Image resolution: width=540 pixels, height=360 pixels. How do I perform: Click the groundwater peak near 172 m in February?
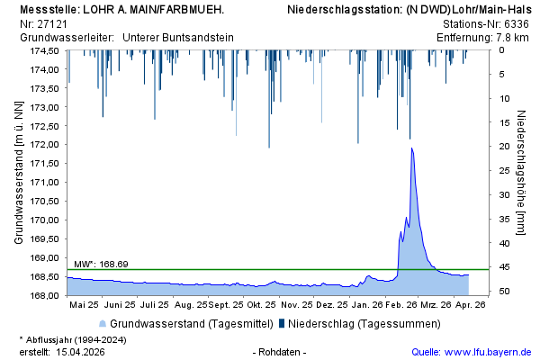pyautogui.click(x=411, y=148)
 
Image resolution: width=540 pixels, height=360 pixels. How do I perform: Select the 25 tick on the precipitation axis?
pyautogui.click(x=505, y=170)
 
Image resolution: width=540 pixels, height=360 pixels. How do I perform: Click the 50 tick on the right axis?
pyautogui.click(x=505, y=292)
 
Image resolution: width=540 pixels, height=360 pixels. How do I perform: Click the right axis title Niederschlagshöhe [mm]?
pyautogui.click(x=522, y=171)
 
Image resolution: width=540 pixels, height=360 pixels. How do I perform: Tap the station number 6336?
pyautogui.click(x=517, y=23)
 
